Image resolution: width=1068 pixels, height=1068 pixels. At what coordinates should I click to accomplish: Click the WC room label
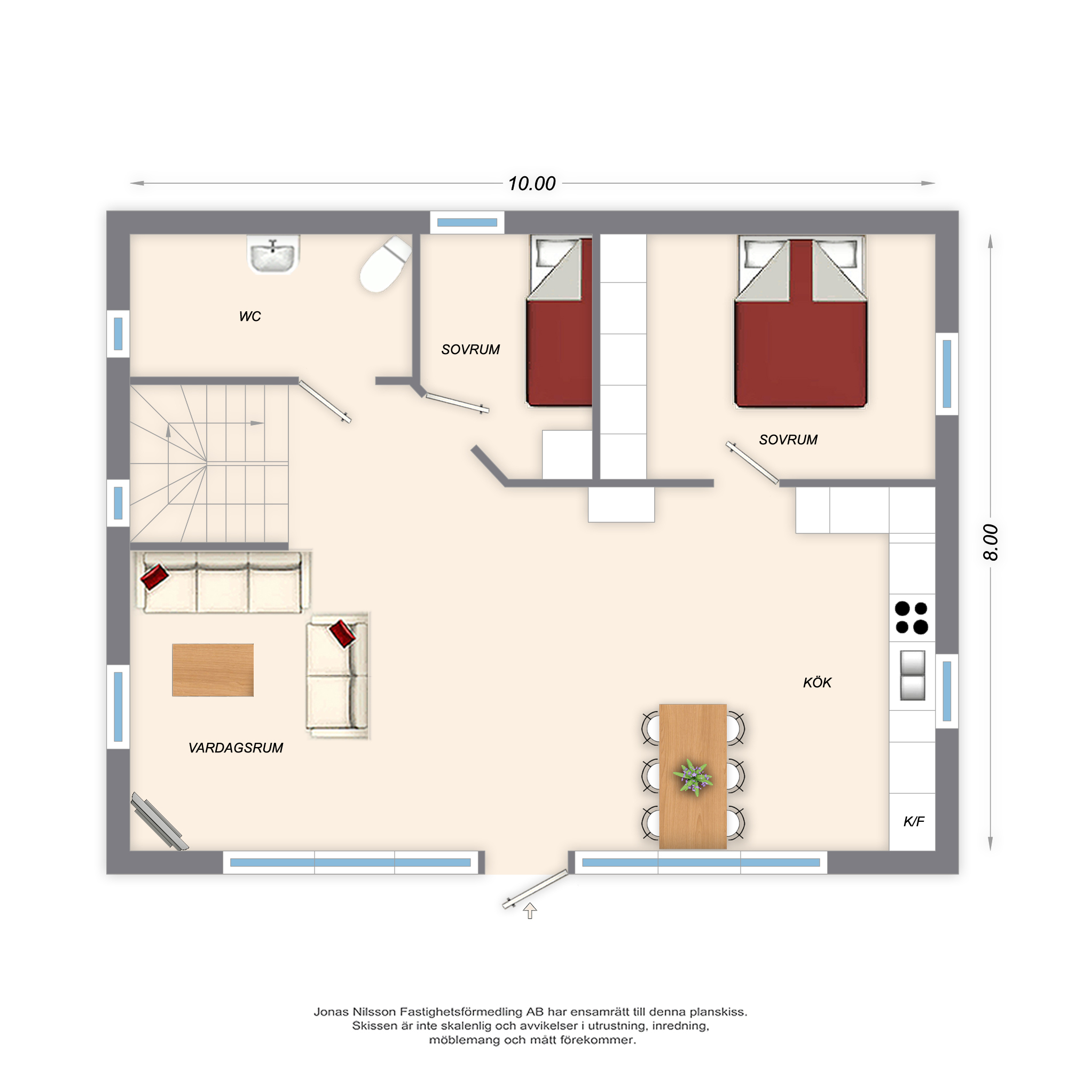(250, 316)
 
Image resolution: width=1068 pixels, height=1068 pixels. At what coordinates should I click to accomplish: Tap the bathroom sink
(272, 255)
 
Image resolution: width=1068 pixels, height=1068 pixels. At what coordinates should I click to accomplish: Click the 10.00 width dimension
(532, 184)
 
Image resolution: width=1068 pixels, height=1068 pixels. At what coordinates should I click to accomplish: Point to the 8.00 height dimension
(991, 543)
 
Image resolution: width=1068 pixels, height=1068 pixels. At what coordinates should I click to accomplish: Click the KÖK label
(817, 682)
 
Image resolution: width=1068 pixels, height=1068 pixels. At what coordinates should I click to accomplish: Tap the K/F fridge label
(913, 821)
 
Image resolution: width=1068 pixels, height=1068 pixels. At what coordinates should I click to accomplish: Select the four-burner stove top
(912, 617)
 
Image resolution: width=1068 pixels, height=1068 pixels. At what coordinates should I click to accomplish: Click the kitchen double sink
(913, 675)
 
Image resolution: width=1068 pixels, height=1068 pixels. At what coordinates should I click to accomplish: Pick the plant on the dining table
(693, 777)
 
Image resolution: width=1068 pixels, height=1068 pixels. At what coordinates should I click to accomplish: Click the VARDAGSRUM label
(235, 748)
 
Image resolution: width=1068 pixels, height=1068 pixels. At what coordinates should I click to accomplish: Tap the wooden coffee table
(213, 670)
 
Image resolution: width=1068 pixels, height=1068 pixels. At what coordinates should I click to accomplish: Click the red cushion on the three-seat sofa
(154, 577)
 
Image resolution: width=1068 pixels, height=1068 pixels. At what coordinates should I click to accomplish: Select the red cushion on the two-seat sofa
(343, 633)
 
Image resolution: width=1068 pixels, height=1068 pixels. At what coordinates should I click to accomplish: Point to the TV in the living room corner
(159, 821)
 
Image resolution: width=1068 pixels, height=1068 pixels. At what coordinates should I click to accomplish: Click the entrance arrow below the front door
(530, 910)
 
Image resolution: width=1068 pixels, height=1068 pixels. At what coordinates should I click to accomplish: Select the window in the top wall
(467, 223)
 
